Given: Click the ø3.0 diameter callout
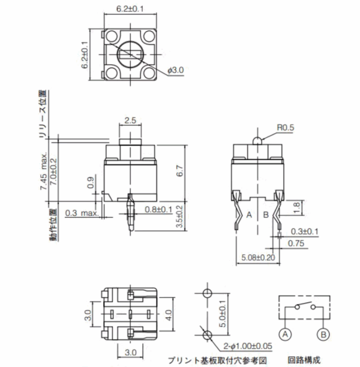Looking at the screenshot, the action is click(176, 70).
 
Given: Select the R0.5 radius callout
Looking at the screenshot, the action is click(285, 128).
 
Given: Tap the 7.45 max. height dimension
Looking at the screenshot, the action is click(44, 171).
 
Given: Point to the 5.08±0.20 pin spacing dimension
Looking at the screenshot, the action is click(258, 258).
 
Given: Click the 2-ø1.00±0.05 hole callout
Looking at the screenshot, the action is click(248, 346).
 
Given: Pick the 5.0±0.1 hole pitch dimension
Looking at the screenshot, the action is click(223, 314).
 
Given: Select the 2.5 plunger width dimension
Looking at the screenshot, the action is click(130, 121).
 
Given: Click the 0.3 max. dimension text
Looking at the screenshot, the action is click(82, 213).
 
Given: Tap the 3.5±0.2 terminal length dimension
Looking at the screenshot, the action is click(179, 216).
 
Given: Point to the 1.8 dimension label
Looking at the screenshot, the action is click(296, 208).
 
